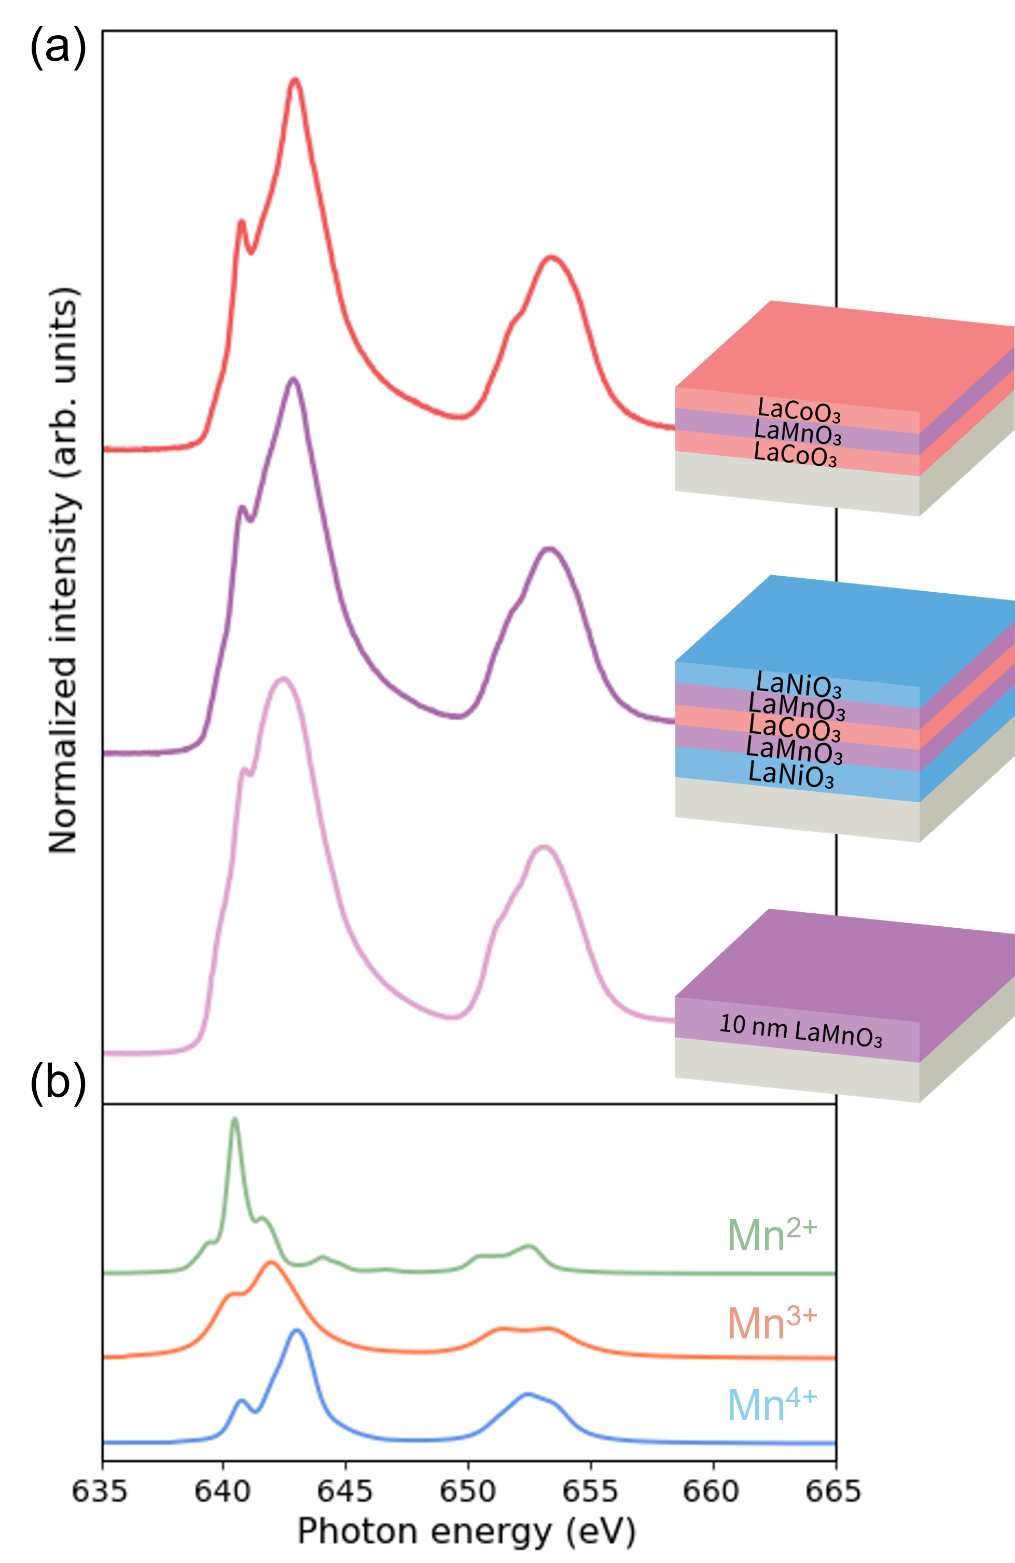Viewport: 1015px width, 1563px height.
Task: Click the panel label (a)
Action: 60,47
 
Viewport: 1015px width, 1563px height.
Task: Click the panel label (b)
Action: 60,1082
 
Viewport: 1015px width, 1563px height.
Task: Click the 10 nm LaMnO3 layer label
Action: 801,1031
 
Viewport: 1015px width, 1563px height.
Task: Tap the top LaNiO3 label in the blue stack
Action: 798,685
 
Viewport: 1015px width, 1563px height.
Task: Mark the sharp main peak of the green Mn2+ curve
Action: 234,1120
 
